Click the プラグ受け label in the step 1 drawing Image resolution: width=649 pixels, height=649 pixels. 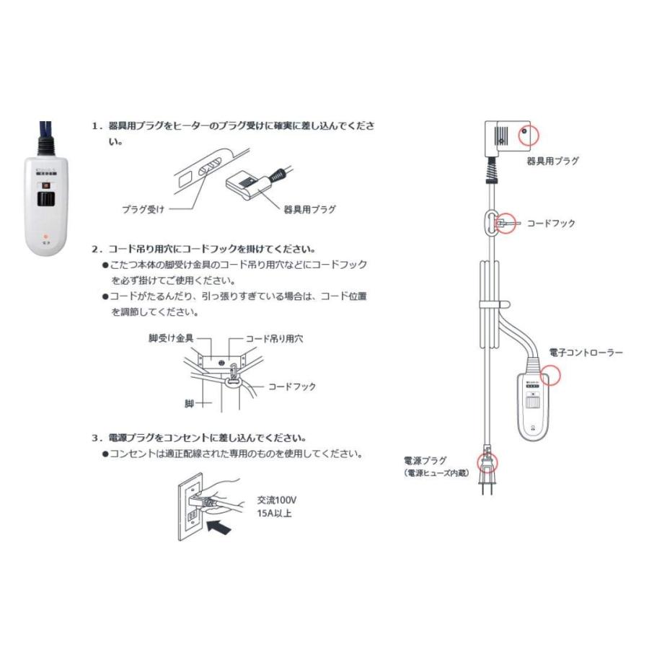(143, 210)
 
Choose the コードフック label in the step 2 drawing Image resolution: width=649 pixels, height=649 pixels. (291, 387)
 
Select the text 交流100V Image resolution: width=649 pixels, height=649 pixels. (278, 500)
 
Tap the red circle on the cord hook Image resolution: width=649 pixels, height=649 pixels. (508, 223)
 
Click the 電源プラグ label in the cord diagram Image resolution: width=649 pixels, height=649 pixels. (425, 460)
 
